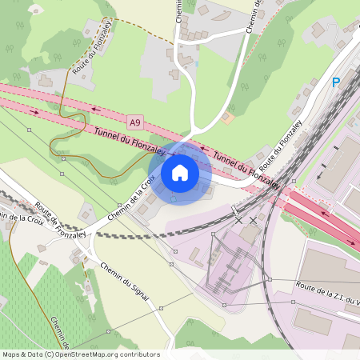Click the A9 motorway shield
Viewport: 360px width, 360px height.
pos(135,122)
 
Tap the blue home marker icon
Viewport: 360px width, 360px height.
pos(180,172)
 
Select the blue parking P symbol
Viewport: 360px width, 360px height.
pos(337,82)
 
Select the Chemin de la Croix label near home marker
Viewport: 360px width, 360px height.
pos(130,199)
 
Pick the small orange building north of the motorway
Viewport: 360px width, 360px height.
pos(229,118)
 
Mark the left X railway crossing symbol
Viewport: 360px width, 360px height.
pos(238,219)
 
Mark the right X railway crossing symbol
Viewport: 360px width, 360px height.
pos(254,219)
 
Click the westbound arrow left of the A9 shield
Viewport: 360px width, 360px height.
pos(96,110)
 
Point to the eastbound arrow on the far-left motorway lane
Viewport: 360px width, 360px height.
pos(34,111)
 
